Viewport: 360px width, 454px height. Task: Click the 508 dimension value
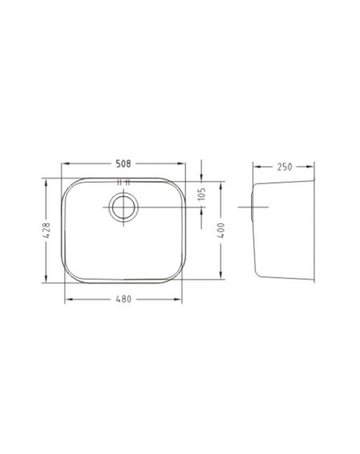tap(123, 164)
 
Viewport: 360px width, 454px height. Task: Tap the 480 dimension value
tap(123, 299)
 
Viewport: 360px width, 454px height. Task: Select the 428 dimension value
tap(46, 230)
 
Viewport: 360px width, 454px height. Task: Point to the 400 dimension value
tap(221, 231)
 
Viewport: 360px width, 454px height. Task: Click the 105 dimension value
tap(202, 194)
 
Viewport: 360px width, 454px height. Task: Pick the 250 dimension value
tap(285, 167)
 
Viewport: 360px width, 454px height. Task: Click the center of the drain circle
tap(123, 207)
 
